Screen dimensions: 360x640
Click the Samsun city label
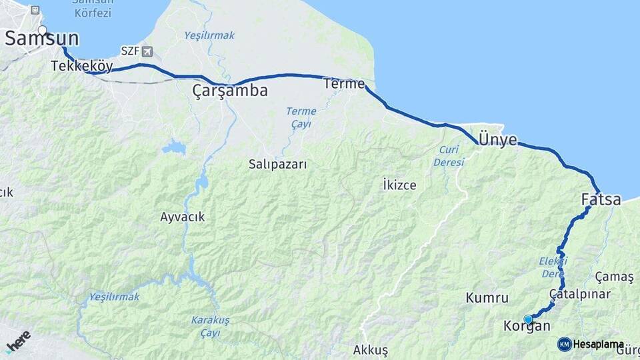[x=41, y=39]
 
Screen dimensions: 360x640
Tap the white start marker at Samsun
[x=43, y=30]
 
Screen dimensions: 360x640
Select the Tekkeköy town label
[x=81, y=66]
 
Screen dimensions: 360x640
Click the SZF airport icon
[x=147, y=51]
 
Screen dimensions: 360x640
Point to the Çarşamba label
[x=230, y=91]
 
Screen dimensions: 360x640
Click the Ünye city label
[x=498, y=139]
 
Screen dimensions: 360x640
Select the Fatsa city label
[x=601, y=199]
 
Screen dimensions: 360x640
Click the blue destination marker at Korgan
[x=529, y=319]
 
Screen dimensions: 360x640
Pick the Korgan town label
[x=527, y=327]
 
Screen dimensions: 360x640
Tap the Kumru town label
[x=487, y=298]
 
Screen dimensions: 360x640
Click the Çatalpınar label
[x=580, y=294]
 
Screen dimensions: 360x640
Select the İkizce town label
[x=400, y=185]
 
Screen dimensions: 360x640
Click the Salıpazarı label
[x=278, y=164]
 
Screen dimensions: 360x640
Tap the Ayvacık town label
[x=182, y=217]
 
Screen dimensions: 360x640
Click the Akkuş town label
[x=371, y=350]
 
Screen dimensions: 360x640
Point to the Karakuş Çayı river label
[x=210, y=325]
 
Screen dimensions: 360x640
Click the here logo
[x=19, y=340]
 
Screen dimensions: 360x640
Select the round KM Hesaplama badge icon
[x=565, y=344]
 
